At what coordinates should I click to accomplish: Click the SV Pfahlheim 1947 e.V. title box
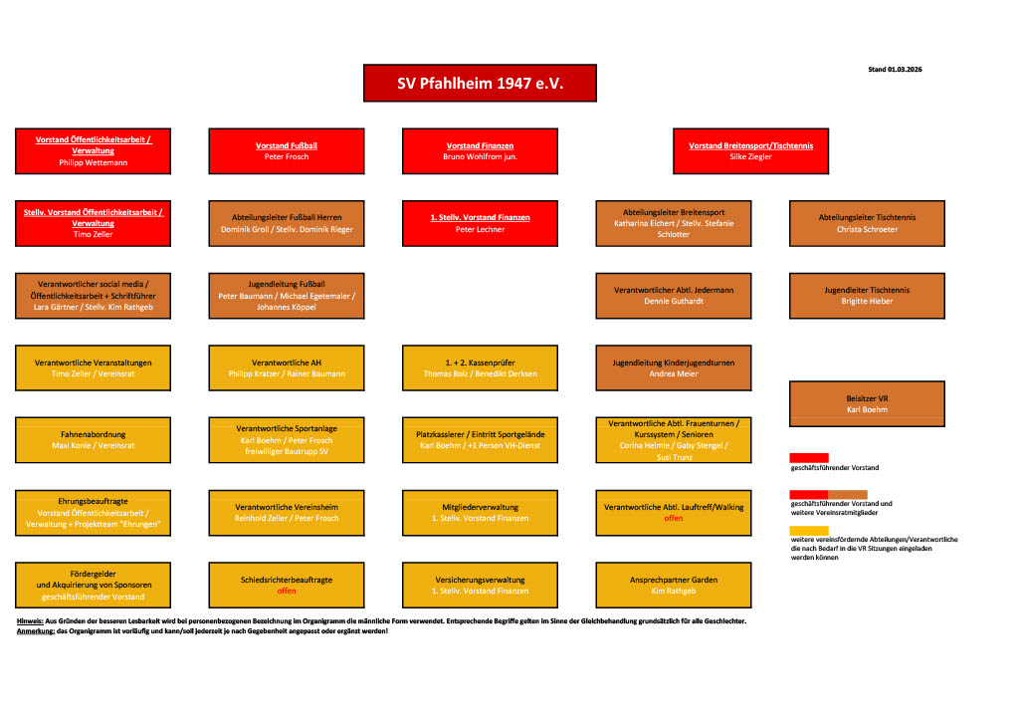tap(480, 84)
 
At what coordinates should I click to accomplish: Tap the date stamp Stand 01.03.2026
tap(896, 70)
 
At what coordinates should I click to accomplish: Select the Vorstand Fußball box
tap(287, 150)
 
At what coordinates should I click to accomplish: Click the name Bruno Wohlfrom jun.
tap(480, 157)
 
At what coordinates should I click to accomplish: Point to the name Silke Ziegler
tap(750, 157)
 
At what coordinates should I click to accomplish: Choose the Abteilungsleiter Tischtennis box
tap(867, 223)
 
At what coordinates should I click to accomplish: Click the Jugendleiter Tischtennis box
tap(867, 296)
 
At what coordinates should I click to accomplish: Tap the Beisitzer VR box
tap(867, 403)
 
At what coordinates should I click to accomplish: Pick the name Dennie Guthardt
tap(674, 302)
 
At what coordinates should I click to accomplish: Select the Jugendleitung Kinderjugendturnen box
tap(674, 367)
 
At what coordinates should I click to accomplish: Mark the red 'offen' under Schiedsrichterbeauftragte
tap(287, 592)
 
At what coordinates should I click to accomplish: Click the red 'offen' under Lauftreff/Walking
tap(674, 519)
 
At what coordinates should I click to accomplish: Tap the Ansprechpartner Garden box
tap(674, 585)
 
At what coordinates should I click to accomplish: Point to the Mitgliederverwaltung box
tap(480, 512)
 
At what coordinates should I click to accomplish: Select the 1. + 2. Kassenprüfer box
tap(480, 367)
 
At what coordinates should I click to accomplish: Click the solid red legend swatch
tap(808, 457)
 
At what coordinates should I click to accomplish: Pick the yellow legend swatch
tap(808, 531)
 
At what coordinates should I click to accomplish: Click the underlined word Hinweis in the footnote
tap(30, 621)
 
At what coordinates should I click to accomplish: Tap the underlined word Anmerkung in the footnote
tap(36, 631)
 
